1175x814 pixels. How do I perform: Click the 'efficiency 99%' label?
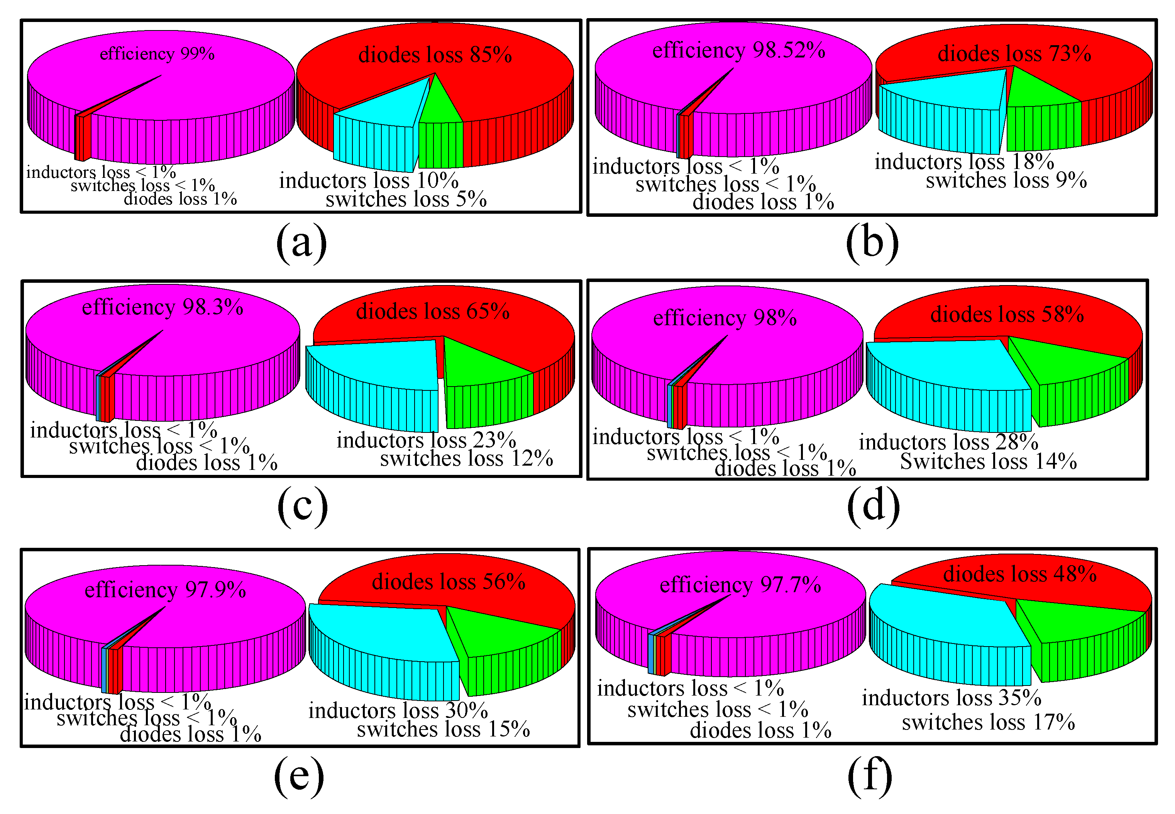pos(157,54)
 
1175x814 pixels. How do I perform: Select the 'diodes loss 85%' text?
pos(435,54)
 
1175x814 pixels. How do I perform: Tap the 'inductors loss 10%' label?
pos(368,181)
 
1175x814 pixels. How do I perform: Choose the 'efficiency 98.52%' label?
pos(738,50)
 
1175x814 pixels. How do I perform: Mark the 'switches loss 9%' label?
pos(1006,180)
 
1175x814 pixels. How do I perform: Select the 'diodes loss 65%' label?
pos(433,311)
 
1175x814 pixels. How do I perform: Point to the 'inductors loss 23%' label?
pos(426,440)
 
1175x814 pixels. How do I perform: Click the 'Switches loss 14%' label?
pos(988,461)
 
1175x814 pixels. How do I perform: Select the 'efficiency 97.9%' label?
pos(165,589)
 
